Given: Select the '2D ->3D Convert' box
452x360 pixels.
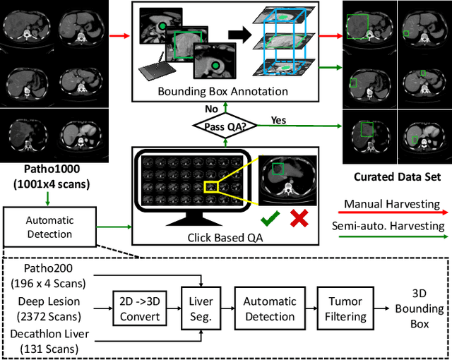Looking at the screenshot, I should click(140, 308).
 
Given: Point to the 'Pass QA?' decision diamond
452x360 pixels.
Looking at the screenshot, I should click(225, 124).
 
